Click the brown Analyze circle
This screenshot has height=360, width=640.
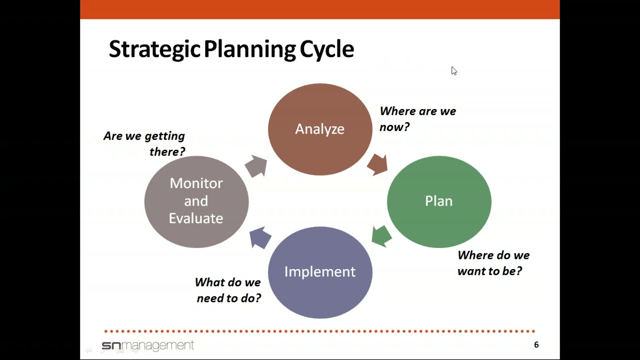tap(320, 129)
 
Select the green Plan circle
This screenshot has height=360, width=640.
tap(439, 201)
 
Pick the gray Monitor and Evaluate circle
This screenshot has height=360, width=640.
tap(196, 201)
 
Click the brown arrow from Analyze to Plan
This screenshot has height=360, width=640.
tap(377, 164)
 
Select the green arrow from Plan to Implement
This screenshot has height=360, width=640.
tap(381, 236)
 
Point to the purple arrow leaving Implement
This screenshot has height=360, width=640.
tap(260, 237)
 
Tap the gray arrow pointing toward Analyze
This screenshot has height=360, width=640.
tap(256, 166)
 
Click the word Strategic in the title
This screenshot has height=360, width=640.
tap(155, 49)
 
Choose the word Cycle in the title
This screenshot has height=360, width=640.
tap(326, 49)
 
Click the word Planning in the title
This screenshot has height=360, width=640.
tap(250, 49)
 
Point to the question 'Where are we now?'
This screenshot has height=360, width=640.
tap(417, 119)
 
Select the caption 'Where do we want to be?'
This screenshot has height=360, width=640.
tap(493, 263)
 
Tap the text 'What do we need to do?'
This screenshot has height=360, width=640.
tap(228, 290)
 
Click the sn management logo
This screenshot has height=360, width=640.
tap(147, 345)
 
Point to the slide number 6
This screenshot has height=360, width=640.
tap(536, 344)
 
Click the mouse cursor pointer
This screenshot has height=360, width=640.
tap(454, 71)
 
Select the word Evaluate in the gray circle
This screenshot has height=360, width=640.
tap(196, 218)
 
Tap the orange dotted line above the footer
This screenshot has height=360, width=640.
tap(320, 331)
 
